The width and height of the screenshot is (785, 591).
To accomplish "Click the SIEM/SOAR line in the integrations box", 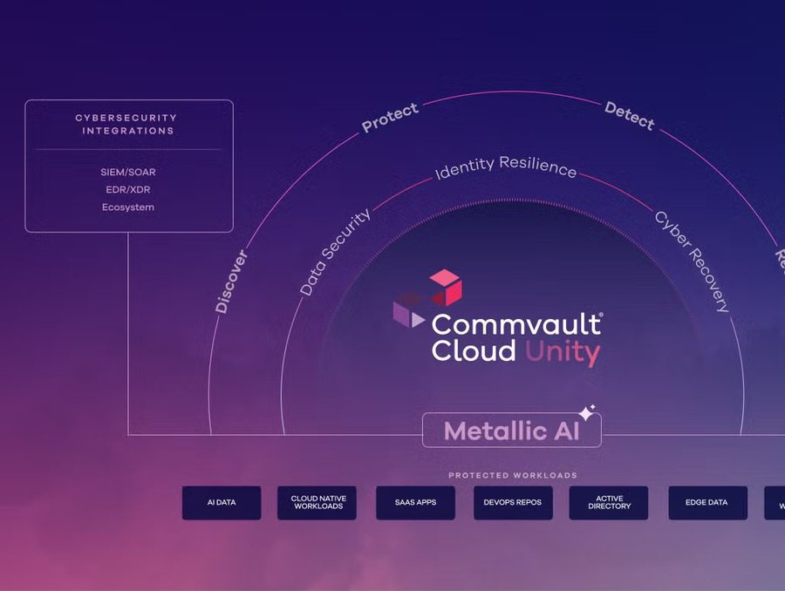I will coord(128,173).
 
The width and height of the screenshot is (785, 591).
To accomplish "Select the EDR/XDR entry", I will coord(128,190).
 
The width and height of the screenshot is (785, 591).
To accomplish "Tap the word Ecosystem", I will coord(128,207).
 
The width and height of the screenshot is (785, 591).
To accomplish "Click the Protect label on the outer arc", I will coord(390,118).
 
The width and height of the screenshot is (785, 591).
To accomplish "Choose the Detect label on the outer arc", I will coord(629,115).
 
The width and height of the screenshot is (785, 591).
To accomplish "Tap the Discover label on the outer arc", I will coord(232,281).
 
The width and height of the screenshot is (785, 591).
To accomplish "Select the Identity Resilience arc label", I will coord(506,167).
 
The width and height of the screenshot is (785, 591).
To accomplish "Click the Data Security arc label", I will coord(335,252).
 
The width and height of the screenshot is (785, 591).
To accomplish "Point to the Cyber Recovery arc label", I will coord(692,261).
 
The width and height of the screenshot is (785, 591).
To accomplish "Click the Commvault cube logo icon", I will coord(427,297).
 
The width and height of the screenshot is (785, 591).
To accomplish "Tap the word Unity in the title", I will coord(562,353).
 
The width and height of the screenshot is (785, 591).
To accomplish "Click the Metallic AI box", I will coord(511,431).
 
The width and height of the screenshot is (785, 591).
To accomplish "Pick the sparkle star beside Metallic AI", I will coord(587,412).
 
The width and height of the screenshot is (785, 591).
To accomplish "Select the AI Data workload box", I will coord(222,503).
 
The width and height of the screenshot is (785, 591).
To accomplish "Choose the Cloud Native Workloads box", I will coord(318,503).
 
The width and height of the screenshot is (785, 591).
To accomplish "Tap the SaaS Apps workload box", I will coord(415,503).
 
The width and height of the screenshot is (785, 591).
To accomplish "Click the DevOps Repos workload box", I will coord(513,503).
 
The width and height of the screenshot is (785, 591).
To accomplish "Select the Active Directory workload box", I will coord(609,503).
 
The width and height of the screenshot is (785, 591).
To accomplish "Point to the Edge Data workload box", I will coord(707,503).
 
